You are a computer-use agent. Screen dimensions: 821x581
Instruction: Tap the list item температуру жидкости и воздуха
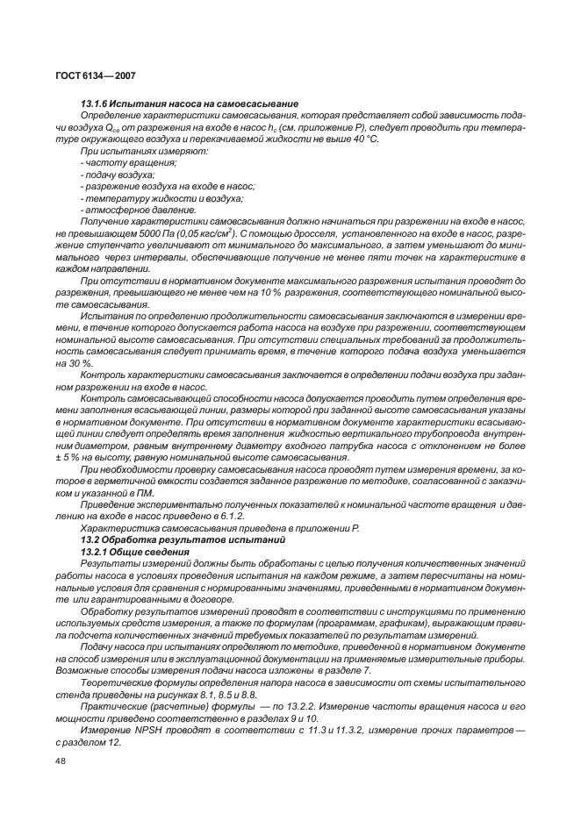[150, 197]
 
